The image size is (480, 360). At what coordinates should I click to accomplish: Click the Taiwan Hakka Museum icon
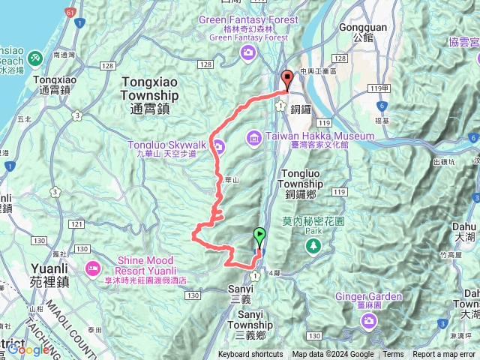[x=253, y=136]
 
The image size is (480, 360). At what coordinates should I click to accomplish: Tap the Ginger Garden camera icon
[x=369, y=321]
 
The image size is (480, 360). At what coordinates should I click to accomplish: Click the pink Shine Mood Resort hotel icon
[x=93, y=266]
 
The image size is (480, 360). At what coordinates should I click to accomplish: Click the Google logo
[x=28, y=349]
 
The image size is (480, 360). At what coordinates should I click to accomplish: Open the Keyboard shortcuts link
[x=250, y=355]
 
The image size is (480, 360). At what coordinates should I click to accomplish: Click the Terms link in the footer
[x=393, y=355]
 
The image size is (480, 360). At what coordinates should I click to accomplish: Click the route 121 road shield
[x=76, y=224]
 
